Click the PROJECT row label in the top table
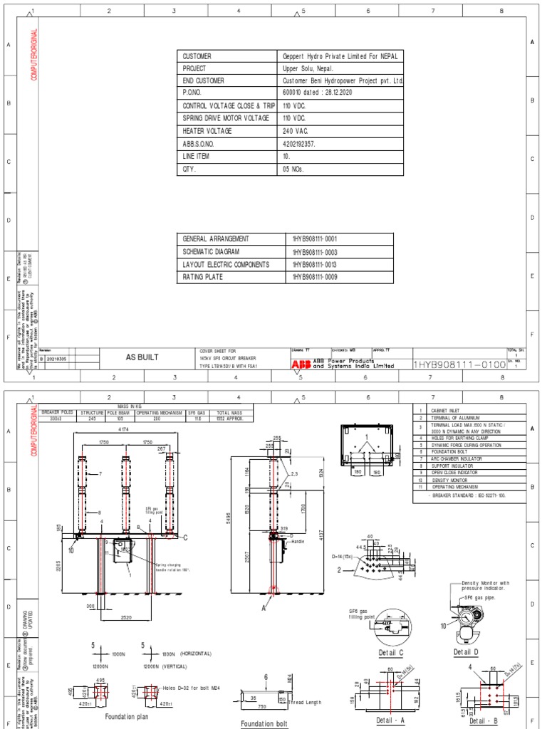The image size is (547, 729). click(194, 68)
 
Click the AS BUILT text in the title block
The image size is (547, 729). click(142, 357)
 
